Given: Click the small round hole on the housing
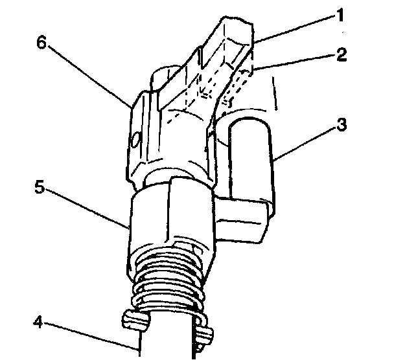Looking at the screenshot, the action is pyautogui.click(x=134, y=139).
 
